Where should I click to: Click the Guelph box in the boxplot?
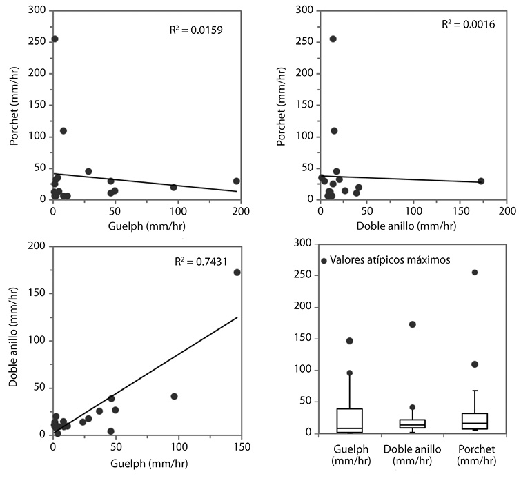pos(349,420)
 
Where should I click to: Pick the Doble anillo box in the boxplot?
pos(413,424)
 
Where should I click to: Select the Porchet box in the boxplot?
pos(475,421)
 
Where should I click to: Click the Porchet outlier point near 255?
pos(475,272)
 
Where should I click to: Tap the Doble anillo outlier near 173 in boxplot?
pos(413,324)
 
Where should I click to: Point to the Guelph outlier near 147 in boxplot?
pos(350,341)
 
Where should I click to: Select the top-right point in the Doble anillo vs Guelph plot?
pos(237,272)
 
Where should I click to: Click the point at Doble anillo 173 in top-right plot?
pos(481,181)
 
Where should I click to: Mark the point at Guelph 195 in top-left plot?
pos(237,181)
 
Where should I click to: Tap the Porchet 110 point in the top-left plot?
pos(63,130)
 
